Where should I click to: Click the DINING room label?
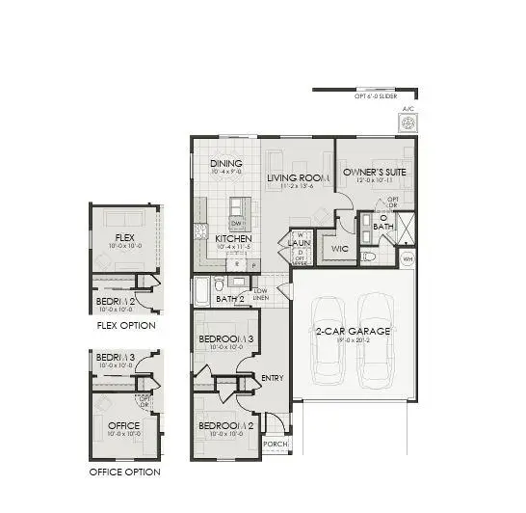pos(226,164)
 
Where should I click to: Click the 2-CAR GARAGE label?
pos(353,331)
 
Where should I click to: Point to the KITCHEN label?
pos(233,238)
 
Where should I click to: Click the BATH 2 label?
pos(230,299)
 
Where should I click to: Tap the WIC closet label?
pos(338,248)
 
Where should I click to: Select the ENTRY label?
pos(273,377)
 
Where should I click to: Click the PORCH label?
pos(276,444)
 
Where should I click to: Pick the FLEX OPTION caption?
pos(126,325)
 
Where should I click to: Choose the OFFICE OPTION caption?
pos(124,472)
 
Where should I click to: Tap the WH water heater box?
pos(408,258)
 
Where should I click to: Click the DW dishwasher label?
pos(234,224)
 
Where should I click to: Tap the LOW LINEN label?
pos(260,294)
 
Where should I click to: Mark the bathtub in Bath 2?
pos(201,290)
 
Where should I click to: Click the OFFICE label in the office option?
pos(125,424)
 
